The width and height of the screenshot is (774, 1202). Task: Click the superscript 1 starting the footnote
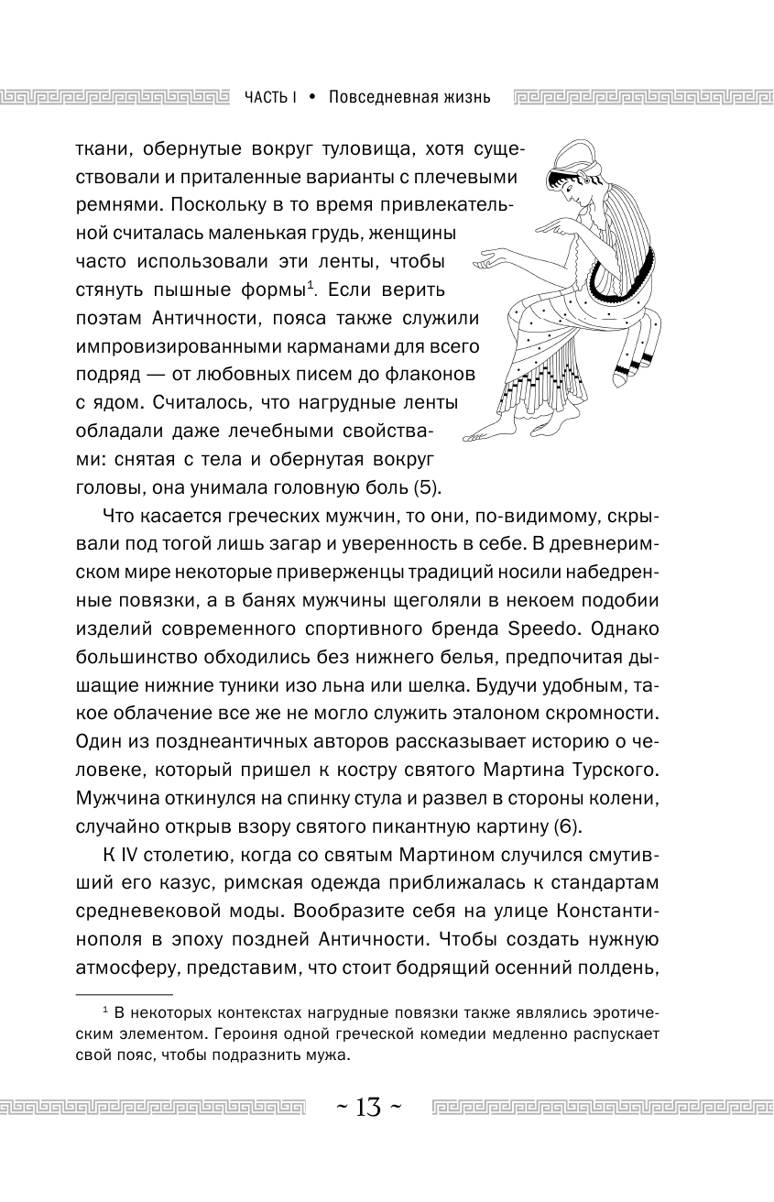pos(105,1010)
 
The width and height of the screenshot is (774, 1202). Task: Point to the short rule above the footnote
pos(123,994)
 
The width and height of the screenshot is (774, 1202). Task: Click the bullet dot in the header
pos(312,96)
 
